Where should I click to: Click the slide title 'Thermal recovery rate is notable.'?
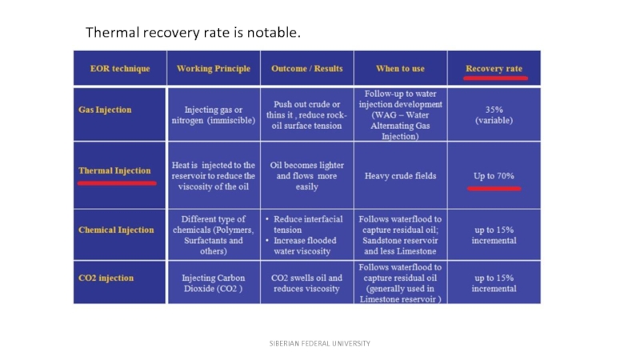[x=193, y=33]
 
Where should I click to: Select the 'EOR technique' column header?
[x=120, y=69]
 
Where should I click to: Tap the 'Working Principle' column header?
[x=214, y=69]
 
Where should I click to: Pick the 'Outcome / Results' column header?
[x=307, y=69]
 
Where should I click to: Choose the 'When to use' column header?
[x=400, y=69]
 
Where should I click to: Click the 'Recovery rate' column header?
[x=494, y=69]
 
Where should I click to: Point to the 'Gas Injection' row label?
[x=105, y=110]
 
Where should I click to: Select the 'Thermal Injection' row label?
[x=114, y=170]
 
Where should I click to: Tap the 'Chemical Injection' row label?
[x=116, y=230]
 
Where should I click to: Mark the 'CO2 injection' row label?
[x=106, y=278]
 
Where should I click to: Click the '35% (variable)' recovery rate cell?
[x=494, y=114]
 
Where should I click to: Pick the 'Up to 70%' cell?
[x=494, y=175]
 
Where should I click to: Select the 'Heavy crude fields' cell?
[x=400, y=175]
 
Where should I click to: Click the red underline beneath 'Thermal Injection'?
[x=117, y=182]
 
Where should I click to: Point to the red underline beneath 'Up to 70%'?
[x=494, y=189]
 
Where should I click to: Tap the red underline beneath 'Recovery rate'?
[x=494, y=79]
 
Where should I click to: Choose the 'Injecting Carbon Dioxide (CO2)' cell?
[x=214, y=283]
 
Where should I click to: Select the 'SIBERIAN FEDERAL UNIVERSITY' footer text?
[x=319, y=343]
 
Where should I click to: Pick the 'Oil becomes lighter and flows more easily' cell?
[x=307, y=175]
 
